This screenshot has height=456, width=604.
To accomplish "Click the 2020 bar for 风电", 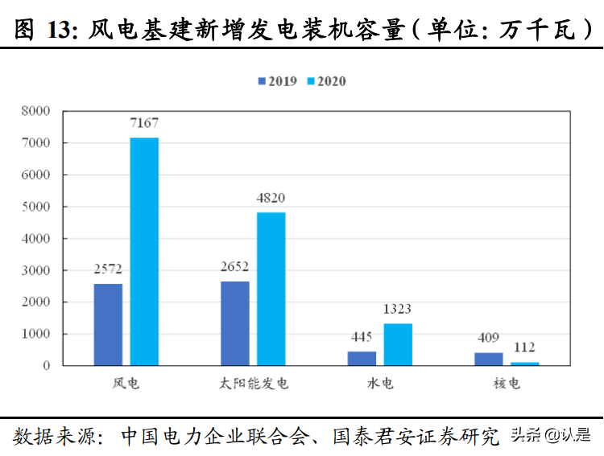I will tap(144, 252).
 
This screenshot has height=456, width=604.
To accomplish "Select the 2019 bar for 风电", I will tap(108, 324).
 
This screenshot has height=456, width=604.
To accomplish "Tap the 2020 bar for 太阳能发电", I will tap(271, 289).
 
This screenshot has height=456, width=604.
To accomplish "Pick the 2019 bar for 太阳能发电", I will tap(235, 323).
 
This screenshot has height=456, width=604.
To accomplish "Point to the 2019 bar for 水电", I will tap(362, 358).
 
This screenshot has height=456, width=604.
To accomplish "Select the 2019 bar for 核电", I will tap(488, 359).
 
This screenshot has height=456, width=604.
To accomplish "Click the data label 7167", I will tap(144, 123).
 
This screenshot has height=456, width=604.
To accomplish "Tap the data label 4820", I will tap(271, 198).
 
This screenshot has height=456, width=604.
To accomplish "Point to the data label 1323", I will tap(398, 309).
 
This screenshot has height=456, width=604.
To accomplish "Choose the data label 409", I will tap(488, 338).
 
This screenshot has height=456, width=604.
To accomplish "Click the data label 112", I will tap(524, 347).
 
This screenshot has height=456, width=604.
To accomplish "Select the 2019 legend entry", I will tap(277, 81).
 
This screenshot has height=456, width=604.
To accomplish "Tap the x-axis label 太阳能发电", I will tap(253, 384).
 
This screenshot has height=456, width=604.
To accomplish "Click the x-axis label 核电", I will tap(507, 384).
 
